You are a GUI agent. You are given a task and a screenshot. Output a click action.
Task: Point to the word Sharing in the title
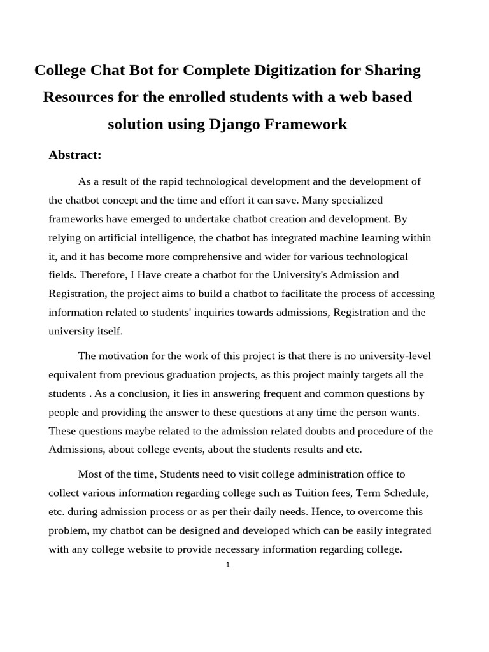[392, 70]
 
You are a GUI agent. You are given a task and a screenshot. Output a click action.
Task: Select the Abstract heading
[75, 155]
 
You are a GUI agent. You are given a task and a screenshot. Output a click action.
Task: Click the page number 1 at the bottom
[227, 564]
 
